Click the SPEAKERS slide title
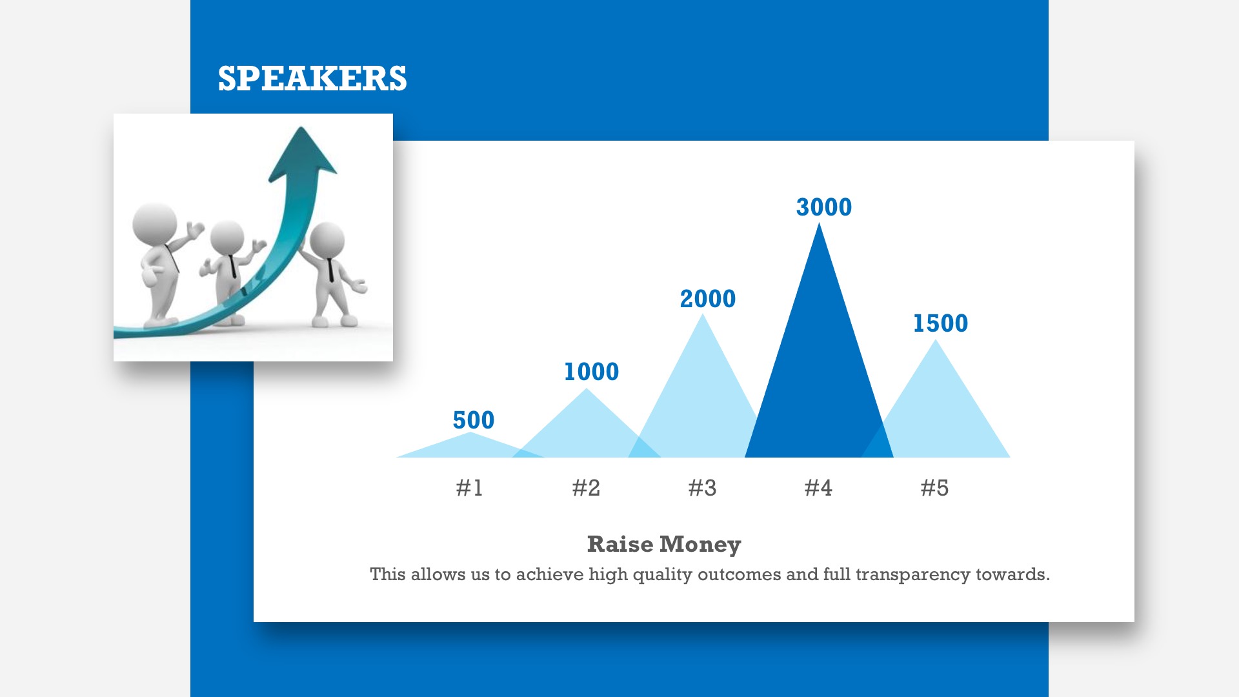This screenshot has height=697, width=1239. tap(312, 78)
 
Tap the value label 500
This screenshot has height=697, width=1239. tap(474, 420)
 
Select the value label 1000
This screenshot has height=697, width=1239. tap(591, 372)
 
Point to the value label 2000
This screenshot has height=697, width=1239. tap(708, 299)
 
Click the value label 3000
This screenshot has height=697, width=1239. tap(824, 207)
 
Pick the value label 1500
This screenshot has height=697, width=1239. tap(940, 323)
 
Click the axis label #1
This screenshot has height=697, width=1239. tap(469, 488)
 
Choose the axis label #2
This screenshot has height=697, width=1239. tap(586, 488)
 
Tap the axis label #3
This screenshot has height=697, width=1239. tap(702, 488)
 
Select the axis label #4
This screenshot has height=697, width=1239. tap(818, 488)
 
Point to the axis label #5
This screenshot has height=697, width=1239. tap(934, 488)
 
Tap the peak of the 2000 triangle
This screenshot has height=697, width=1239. tap(703, 314)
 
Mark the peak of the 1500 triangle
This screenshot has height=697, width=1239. tap(936, 339)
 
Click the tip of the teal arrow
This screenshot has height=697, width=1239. tap(301, 127)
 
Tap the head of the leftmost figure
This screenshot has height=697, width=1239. tap(154, 223)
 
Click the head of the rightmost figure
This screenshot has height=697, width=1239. tap(327, 240)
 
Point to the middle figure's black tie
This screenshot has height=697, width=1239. tap(232, 267)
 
